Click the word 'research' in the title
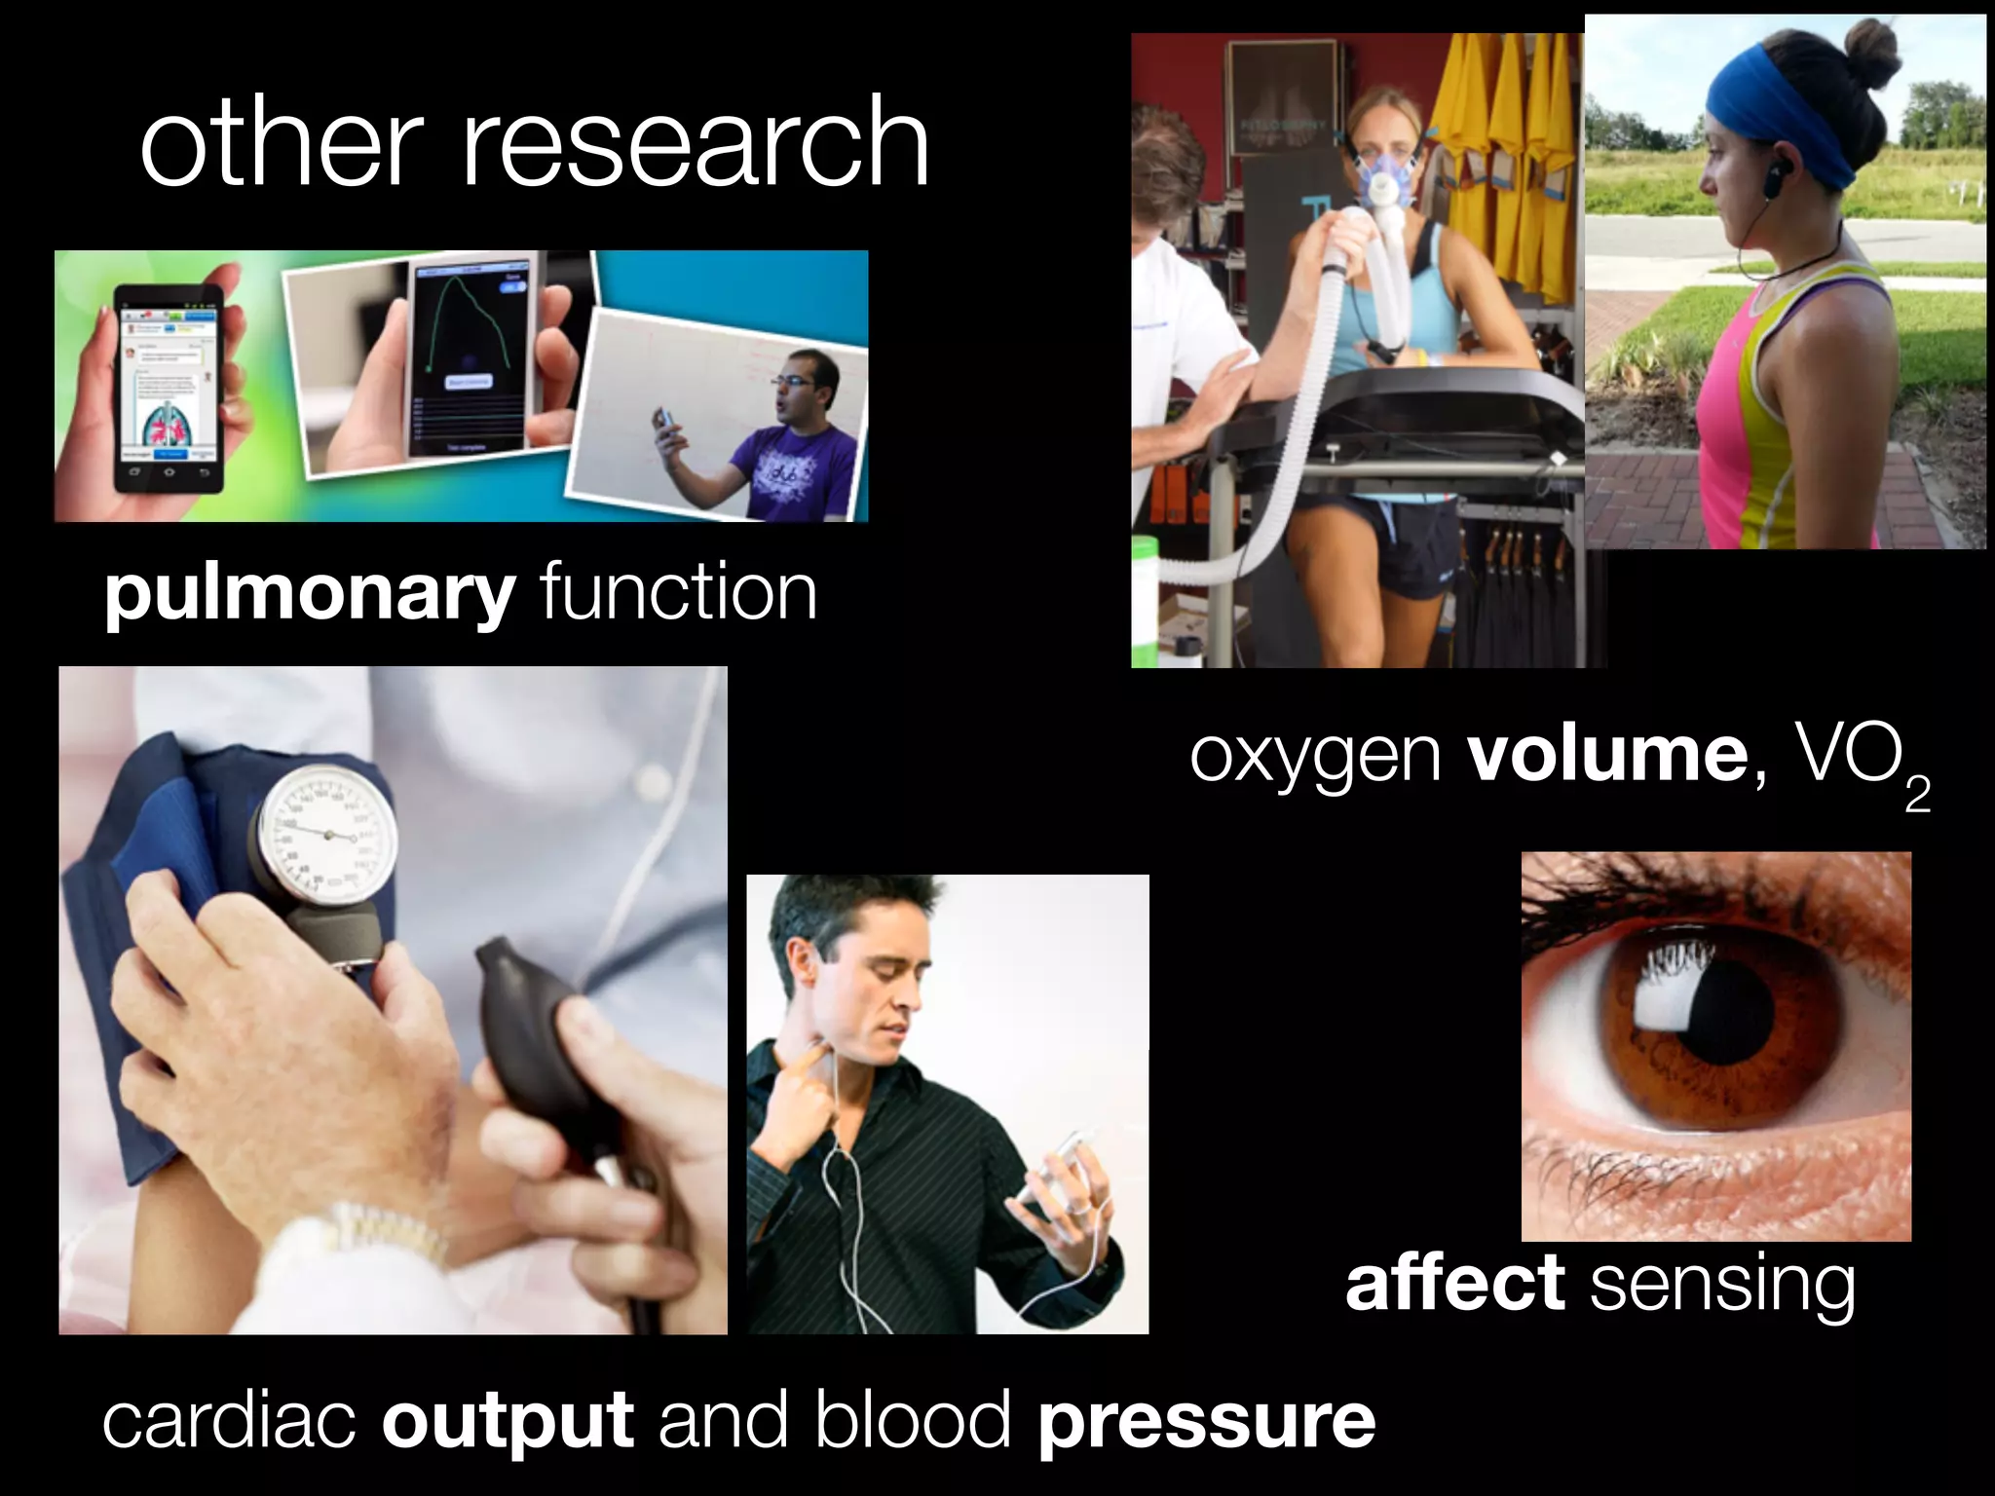click(695, 143)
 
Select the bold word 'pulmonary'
click(310, 594)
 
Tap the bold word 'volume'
click(1607, 755)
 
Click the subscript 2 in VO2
click(1917, 796)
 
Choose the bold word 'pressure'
click(1206, 1421)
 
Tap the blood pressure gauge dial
click(327, 833)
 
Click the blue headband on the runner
click(1783, 107)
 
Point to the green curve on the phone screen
click(466, 321)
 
